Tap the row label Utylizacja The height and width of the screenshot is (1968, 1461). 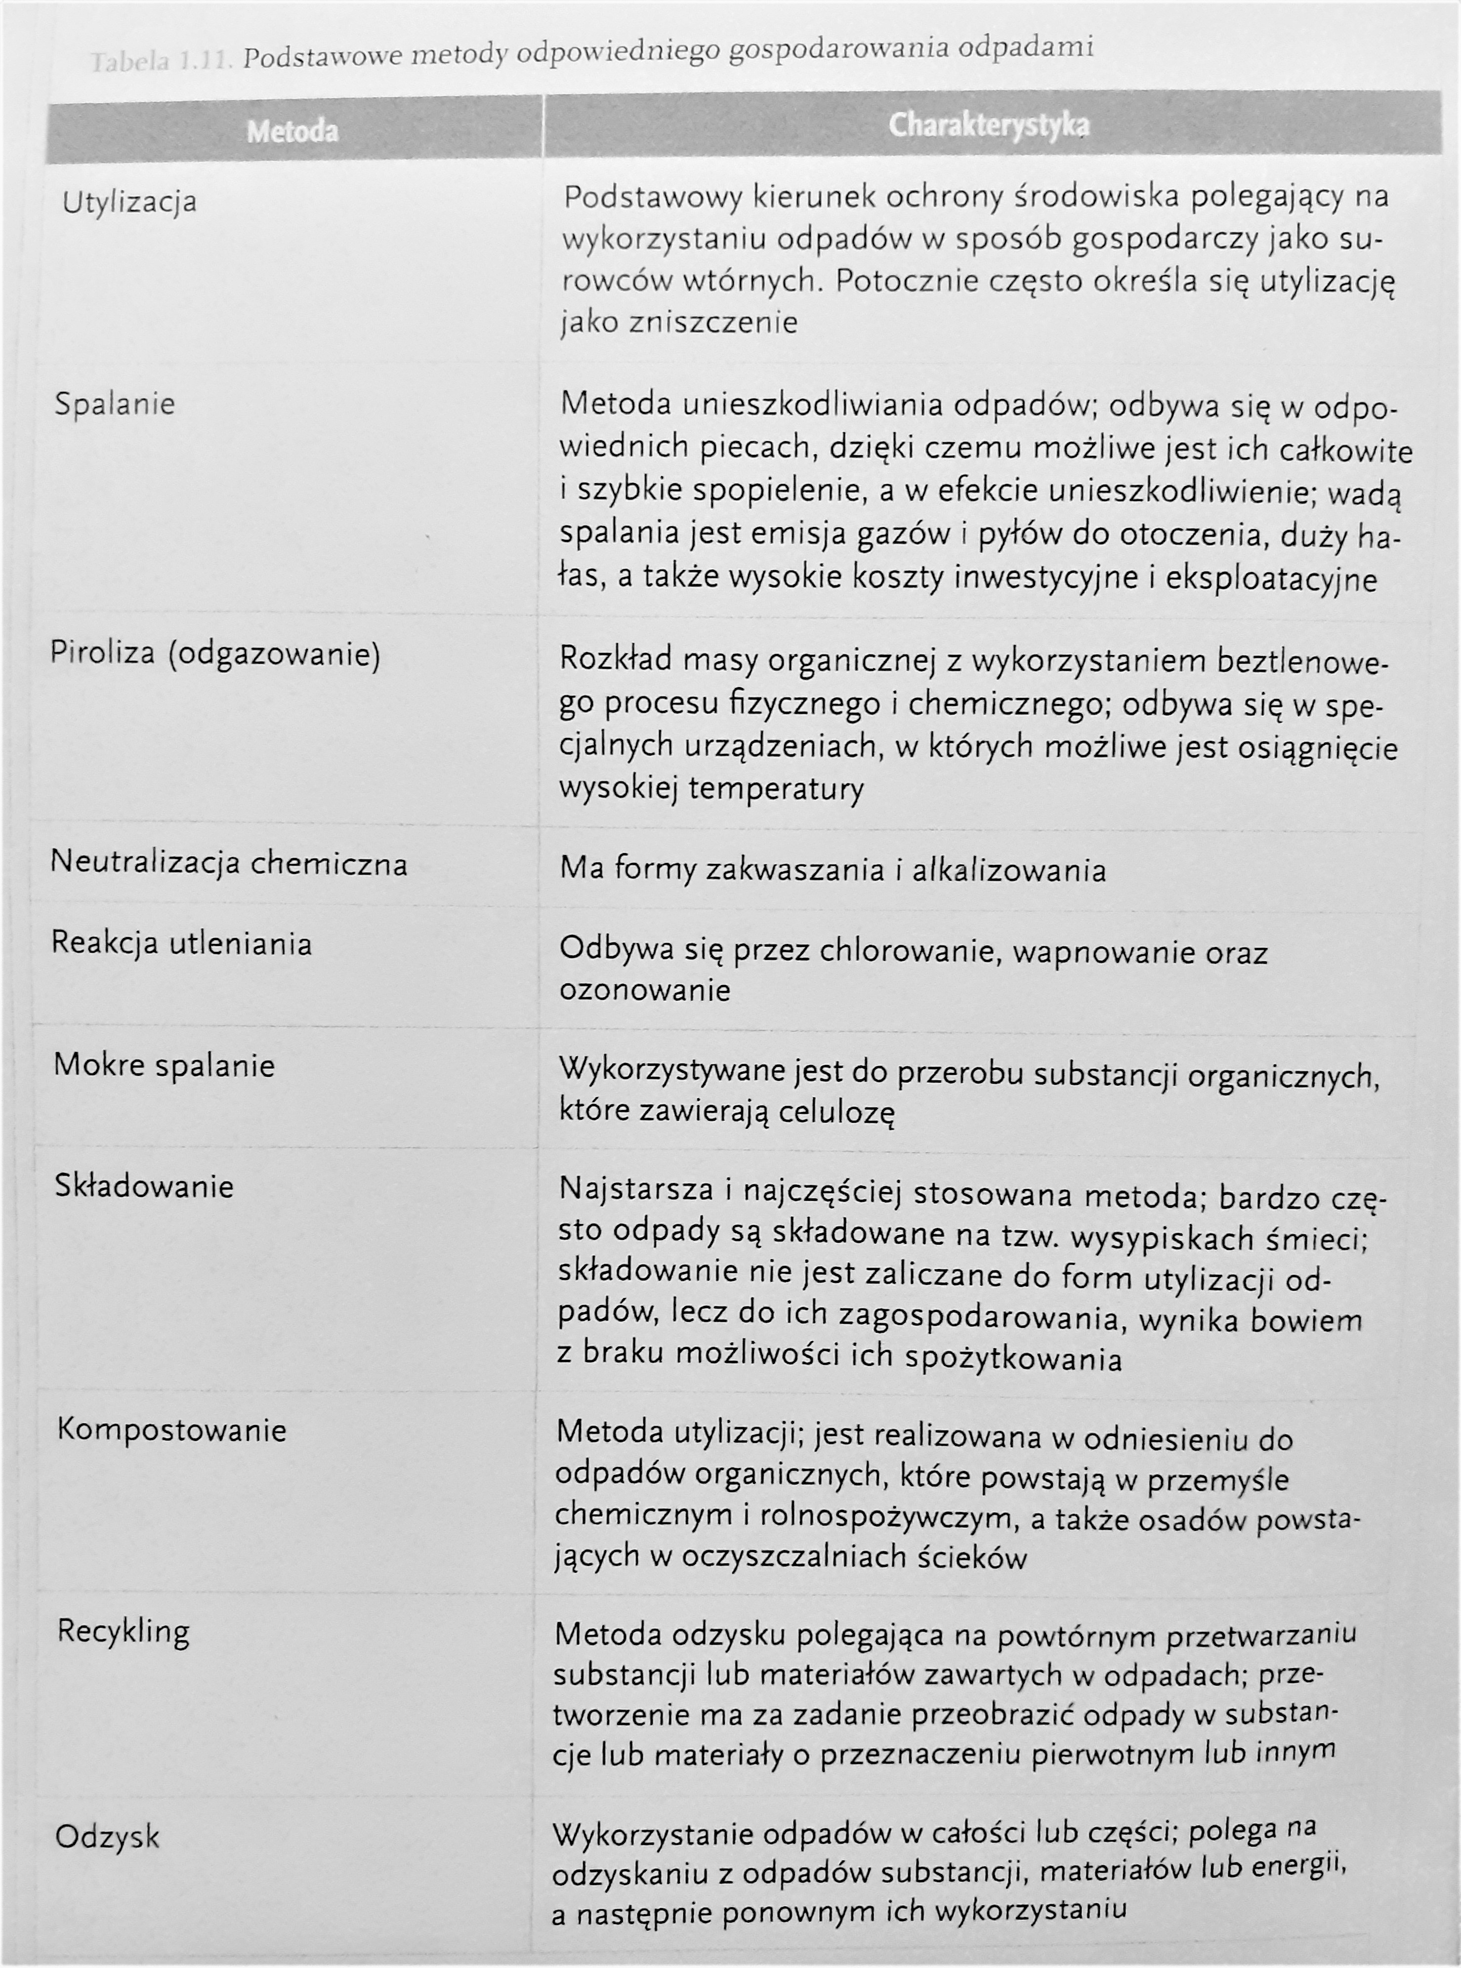click(x=129, y=203)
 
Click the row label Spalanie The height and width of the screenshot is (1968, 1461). click(x=114, y=404)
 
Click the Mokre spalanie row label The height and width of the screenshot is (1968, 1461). click(x=164, y=1065)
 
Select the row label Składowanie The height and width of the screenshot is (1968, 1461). click(x=143, y=1186)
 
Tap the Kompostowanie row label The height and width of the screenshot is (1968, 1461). click(x=171, y=1430)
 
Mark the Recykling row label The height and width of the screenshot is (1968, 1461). click(x=123, y=1630)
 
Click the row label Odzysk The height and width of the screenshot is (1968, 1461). click(x=107, y=1837)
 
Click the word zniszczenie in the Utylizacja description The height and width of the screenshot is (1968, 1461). click(x=713, y=322)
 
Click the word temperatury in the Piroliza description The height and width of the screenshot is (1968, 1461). click(x=775, y=788)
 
